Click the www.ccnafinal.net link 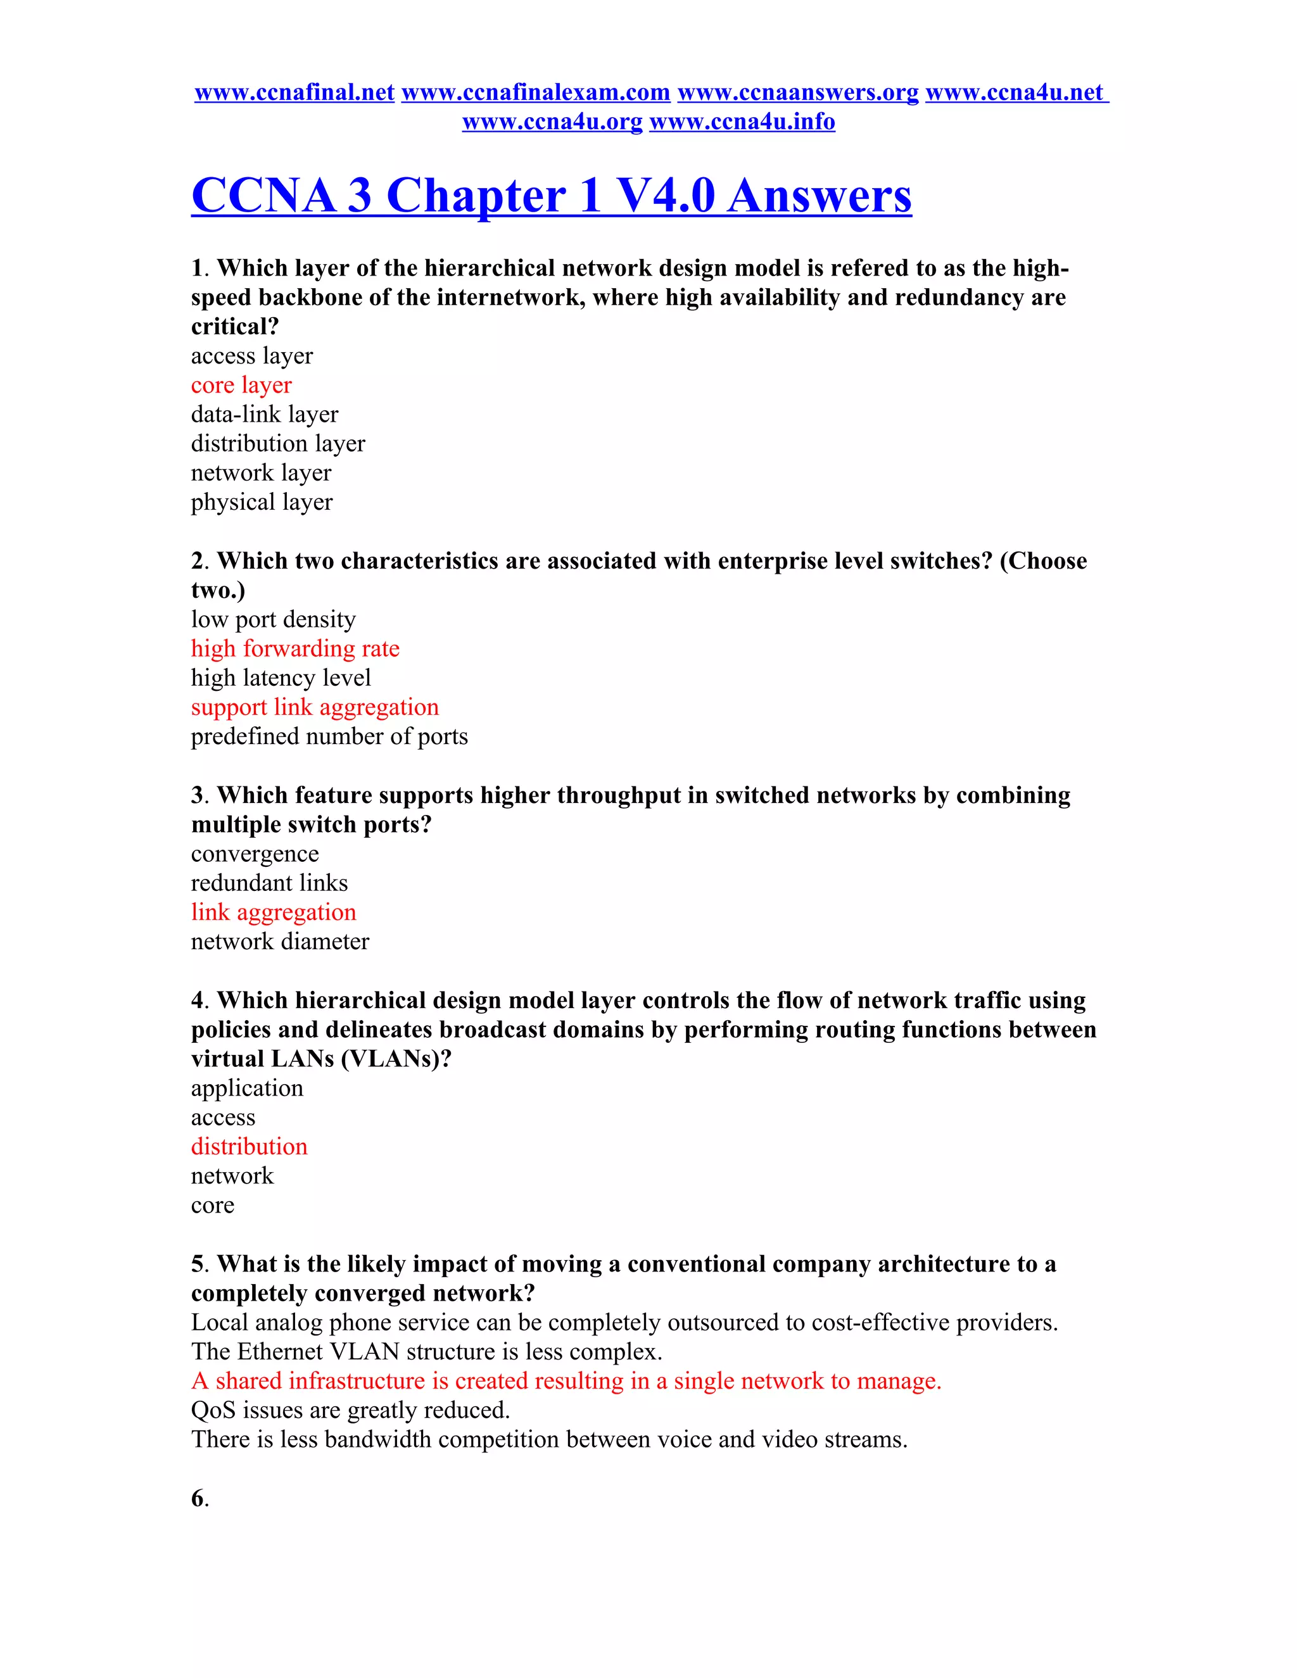coord(294,92)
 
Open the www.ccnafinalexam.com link coord(536,92)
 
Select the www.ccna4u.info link coord(742,122)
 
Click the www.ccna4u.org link coord(552,122)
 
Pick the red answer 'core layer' coord(241,385)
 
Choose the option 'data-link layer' coord(264,414)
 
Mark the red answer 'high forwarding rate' coord(295,648)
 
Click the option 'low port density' coord(273,619)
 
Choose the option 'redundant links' coord(269,883)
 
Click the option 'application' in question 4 coord(246,1088)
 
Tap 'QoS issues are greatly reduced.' coord(350,1410)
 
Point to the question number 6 coord(199,1498)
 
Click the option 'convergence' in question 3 coord(255,854)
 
